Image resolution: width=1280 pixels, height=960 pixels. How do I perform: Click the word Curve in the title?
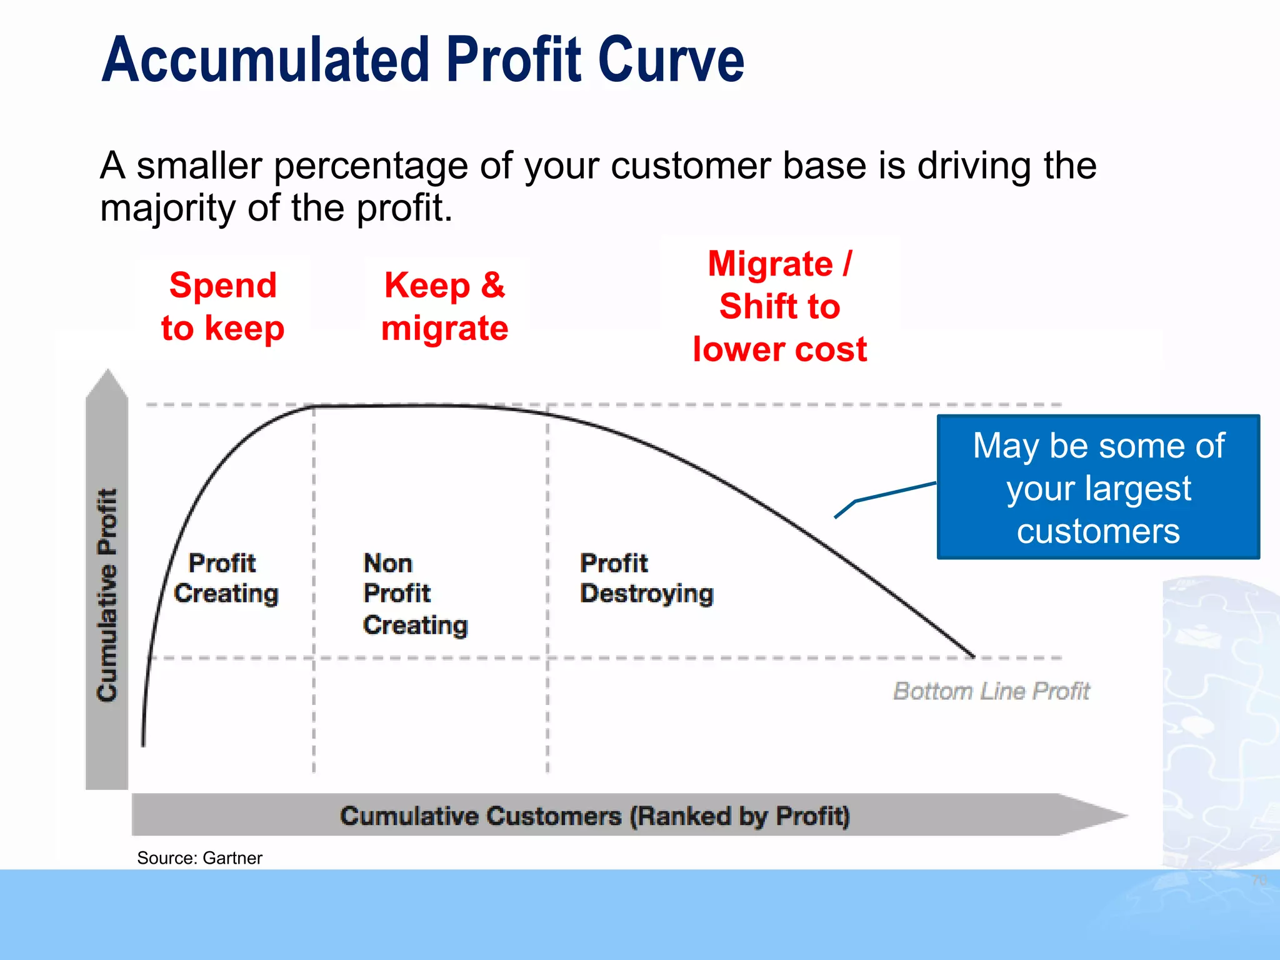671,60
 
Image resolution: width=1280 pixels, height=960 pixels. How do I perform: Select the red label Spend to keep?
222,306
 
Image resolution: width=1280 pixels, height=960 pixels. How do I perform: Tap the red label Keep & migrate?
444,306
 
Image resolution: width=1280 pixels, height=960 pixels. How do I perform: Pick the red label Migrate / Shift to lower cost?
779,306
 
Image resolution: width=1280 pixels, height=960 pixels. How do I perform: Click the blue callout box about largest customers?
1098,487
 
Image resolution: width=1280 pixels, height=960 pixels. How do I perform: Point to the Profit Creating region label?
225,578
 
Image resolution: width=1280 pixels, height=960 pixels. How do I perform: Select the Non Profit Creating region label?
415,594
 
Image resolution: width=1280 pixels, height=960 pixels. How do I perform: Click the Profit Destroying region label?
646,578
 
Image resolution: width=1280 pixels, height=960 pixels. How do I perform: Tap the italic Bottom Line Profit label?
991,691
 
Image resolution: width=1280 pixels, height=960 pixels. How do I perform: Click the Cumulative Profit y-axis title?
107,594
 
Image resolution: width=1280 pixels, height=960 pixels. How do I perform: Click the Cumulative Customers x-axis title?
594,816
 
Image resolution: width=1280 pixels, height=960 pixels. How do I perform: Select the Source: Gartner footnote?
199,858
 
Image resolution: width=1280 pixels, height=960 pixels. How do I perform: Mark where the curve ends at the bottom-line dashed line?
972,656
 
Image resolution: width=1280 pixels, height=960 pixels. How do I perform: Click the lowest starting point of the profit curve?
143,744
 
